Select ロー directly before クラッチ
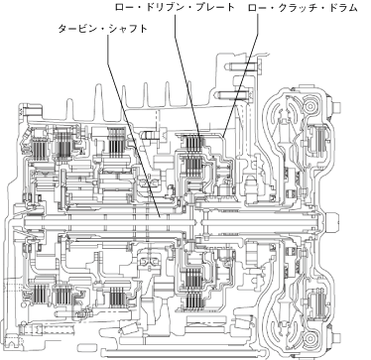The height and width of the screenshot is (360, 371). (x=257, y=8)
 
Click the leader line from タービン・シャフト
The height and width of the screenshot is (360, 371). (x=134, y=126)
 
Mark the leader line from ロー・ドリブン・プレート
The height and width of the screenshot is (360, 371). (x=186, y=74)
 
